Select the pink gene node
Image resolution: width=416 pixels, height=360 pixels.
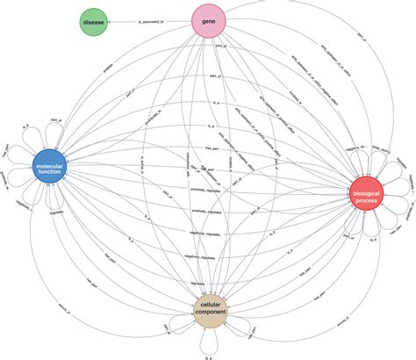210,19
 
